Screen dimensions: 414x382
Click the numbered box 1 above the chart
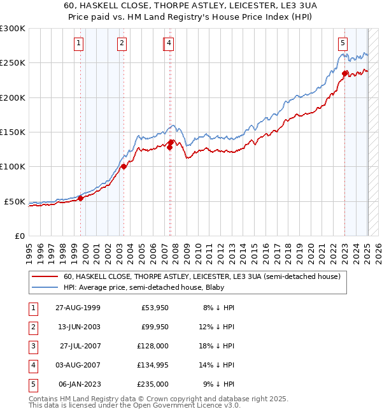pyautogui.click(x=78, y=43)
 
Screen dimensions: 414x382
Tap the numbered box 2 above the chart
pyautogui.click(x=121, y=43)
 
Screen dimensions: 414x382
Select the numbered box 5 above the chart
pyautogui.click(x=343, y=43)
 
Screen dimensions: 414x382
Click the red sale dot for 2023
pyautogui.click(x=344, y=73)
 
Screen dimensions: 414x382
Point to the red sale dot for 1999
pyautogui.click(x=81, y=198)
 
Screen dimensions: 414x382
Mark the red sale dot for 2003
pyautogui.click(x=124, y=167)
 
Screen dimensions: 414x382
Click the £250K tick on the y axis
pyautogui.click(x=13, y=63)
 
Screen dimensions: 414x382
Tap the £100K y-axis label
pyautogui.click(x=13, y=167)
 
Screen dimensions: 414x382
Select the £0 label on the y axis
pyautogui.click(x=19, y=236)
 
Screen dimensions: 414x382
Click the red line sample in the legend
pyautogui.click(x=46, y=277)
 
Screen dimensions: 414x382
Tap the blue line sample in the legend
pyautogui.click(x=46, y=287)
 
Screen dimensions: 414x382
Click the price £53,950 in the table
pyautogui.click(x=155, y=308)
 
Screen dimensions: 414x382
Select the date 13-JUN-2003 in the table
pyautogui.click(x=79, y=327)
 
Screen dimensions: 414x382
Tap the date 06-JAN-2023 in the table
pyautogui.click(x=79, y=384)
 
